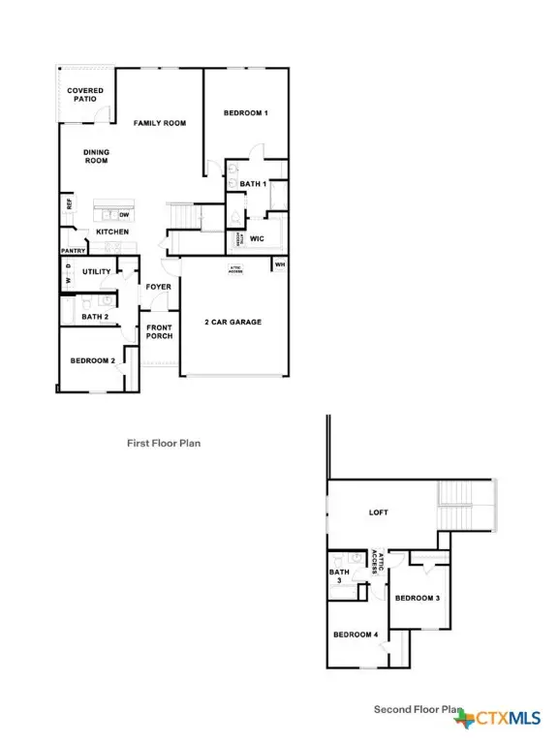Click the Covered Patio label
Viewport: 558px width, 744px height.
point(85,95)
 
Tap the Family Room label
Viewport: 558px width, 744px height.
point(160,123)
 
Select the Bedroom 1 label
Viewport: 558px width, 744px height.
point(245,113)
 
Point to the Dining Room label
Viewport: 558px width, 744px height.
point(96,156)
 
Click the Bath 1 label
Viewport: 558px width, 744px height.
point(253,184)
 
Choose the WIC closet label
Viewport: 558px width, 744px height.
point(257,238)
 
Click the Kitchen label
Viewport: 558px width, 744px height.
point(112,232)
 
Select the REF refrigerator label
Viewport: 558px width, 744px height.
point(70,204)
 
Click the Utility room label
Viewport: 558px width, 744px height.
point(97,272)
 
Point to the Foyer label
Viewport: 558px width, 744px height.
point(158,288)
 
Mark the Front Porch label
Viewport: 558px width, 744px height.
point(159,332)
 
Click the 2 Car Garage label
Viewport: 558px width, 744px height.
point(232,323)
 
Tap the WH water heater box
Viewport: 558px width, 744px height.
point(280,264)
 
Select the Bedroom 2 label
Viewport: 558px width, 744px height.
point(93,361)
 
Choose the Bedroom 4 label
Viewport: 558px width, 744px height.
point(355,635)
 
